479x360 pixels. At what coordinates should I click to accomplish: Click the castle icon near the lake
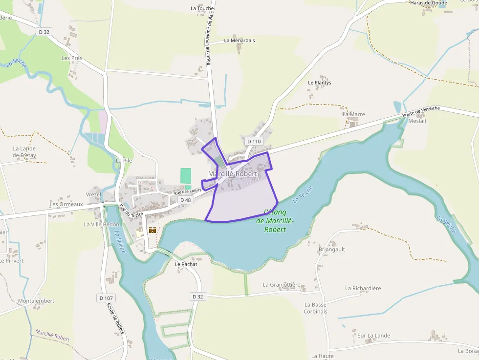(x=152, y=230)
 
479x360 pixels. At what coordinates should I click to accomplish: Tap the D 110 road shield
(x=255, y=141)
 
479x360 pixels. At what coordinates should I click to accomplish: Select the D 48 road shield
(x=185, y=200)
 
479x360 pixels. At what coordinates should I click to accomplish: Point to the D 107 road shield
(x=106, y=298)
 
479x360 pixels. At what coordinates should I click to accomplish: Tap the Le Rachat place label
(x=186, y=264)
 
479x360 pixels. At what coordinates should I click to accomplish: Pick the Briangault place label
(x=332, y=249)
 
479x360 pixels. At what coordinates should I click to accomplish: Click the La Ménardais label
(x=239, y=41)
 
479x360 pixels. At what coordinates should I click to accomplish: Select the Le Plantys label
(x=320, y=83)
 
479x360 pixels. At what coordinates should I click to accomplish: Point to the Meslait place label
(x=417, y=121)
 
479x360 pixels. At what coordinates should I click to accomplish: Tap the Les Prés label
(x=72, y=58)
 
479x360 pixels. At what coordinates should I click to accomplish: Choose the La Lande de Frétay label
(x=24, y=152)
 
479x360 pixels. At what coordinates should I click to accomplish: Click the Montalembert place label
(x=36, y=301)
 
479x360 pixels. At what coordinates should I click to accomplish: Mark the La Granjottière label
(x=282, y=285)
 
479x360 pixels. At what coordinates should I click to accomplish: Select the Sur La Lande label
(x=373, y=336)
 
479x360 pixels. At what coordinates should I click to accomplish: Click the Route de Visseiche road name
(x=421, y=111)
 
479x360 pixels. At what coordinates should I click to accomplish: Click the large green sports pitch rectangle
(x=186, y=175)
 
